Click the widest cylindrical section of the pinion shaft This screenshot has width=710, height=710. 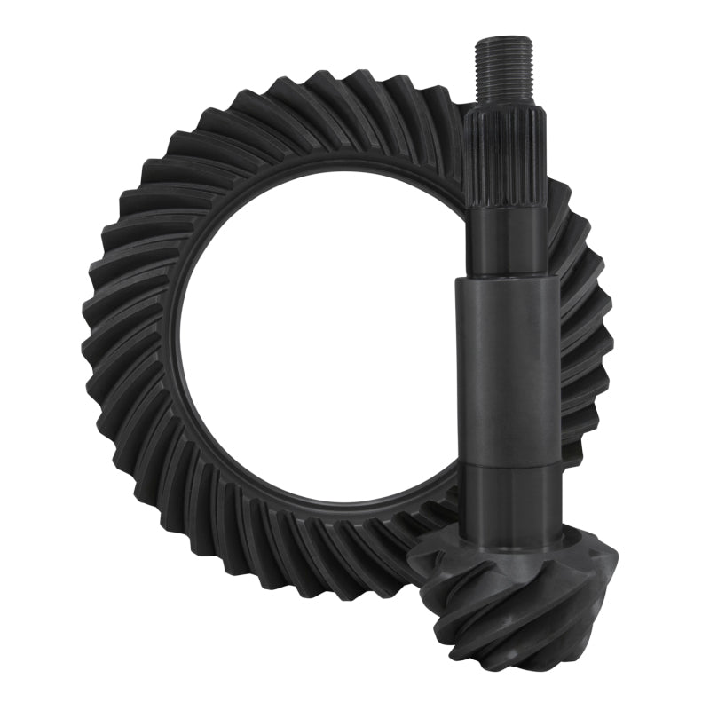[x=509, y=373]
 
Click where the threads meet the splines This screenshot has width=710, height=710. [x=504, y=109]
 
